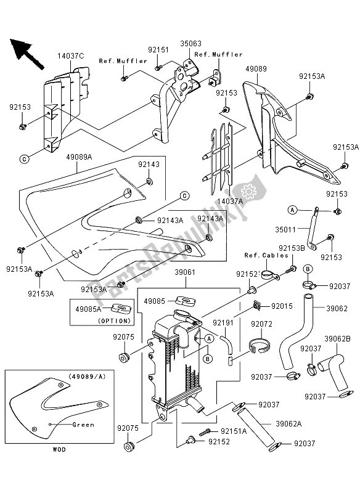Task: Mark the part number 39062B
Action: [338, 338]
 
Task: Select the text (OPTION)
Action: [113, 320]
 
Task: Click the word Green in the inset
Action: [83, 425]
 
